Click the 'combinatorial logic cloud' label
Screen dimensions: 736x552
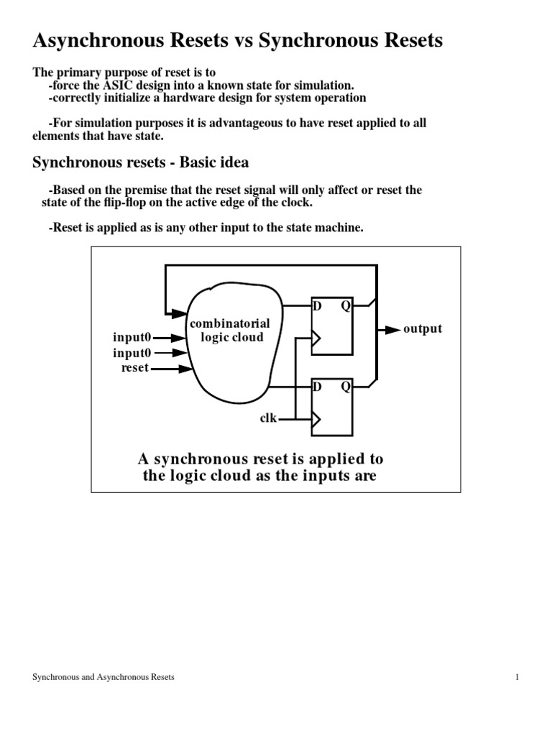click(x=229, y=331)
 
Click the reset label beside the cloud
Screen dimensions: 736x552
click(x=135, y=368)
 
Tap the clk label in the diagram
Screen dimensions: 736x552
click(x=268, y=417)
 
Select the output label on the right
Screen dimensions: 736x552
click(x=422, y=329)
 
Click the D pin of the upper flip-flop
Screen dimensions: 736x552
click(x=316, y=306)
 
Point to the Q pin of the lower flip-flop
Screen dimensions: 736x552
click(x=345, y=387)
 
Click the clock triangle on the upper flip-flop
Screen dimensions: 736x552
click(x=315, y=336)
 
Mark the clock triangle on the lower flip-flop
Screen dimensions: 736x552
click(x=315, y=418)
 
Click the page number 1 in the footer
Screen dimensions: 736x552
click(x=517, y=677)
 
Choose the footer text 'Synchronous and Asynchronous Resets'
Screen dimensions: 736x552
click(x=103, y=677)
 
